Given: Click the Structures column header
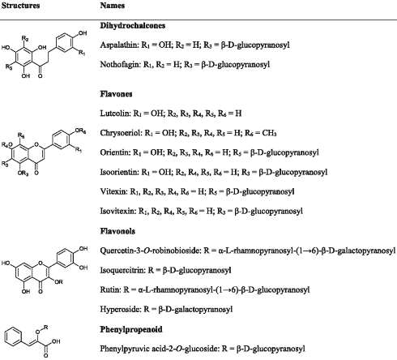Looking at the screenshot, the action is (20, 6).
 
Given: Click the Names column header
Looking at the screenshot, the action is (113, 6).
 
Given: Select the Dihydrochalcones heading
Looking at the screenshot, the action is (133, 26).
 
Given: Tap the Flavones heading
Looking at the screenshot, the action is (116, 94).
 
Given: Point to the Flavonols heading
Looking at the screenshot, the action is (117, 231).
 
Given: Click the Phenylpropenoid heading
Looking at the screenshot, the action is (131, 329).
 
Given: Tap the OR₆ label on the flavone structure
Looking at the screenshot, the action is (80, 131).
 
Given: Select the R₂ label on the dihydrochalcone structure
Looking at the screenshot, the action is (25, 39).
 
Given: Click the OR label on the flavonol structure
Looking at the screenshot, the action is (58, 282).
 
